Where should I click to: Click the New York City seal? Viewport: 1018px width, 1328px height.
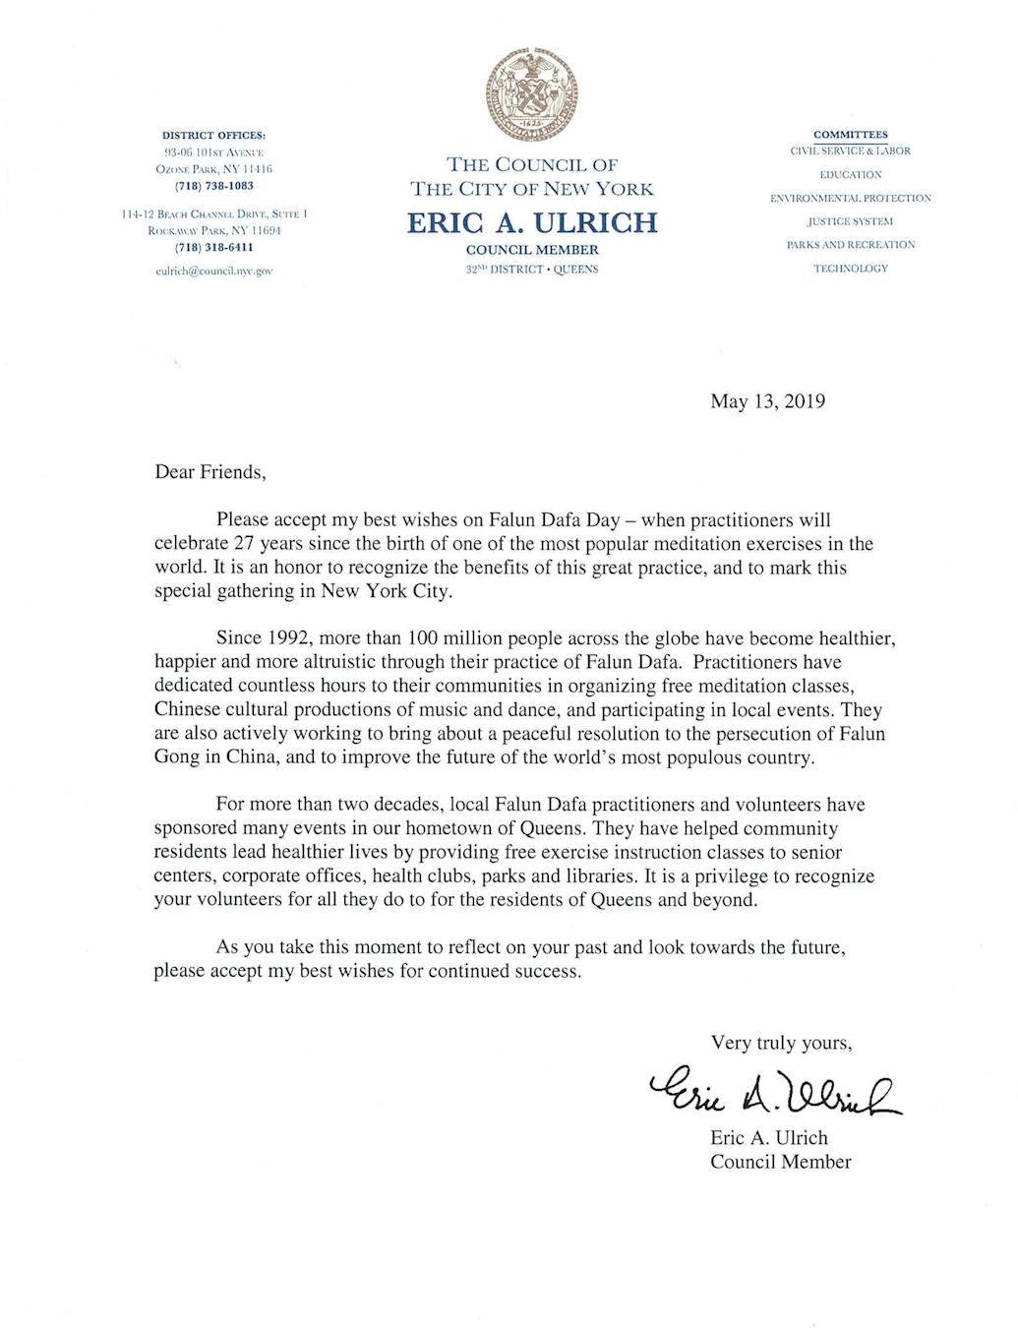(x=531, y=95)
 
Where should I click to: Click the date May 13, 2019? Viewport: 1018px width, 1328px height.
(x=767, y=401)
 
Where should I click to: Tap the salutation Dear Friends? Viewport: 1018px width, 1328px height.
(x=210, y=472)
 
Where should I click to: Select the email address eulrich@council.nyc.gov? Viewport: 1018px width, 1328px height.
(x=213, y=271)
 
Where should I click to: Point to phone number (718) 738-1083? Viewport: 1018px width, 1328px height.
(x=213, y=186)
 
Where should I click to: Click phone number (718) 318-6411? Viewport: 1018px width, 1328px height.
(x=213, y=248)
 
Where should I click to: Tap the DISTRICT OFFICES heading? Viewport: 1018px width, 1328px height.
(x=213, y=135)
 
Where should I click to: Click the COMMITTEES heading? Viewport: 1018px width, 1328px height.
(x=850, y=135)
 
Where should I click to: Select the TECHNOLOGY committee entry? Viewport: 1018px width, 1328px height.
(x=850, y=269)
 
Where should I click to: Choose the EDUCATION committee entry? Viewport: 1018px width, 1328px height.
(x=850, y=175)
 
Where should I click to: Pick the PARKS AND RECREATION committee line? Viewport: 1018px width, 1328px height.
(x=850, y=245)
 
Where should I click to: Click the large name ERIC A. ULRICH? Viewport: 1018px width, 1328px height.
(x=532, y=222)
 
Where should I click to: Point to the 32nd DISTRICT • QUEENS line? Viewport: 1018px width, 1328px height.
(x=532, y=270)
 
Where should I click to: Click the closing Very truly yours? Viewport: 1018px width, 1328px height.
(x=781, y=1043)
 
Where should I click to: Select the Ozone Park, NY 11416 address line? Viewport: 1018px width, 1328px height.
(x=213, y=169)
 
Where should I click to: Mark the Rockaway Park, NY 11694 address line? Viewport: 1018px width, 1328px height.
(x=213, y=230)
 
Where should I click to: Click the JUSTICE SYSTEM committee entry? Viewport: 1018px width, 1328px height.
(x=850, y=221)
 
